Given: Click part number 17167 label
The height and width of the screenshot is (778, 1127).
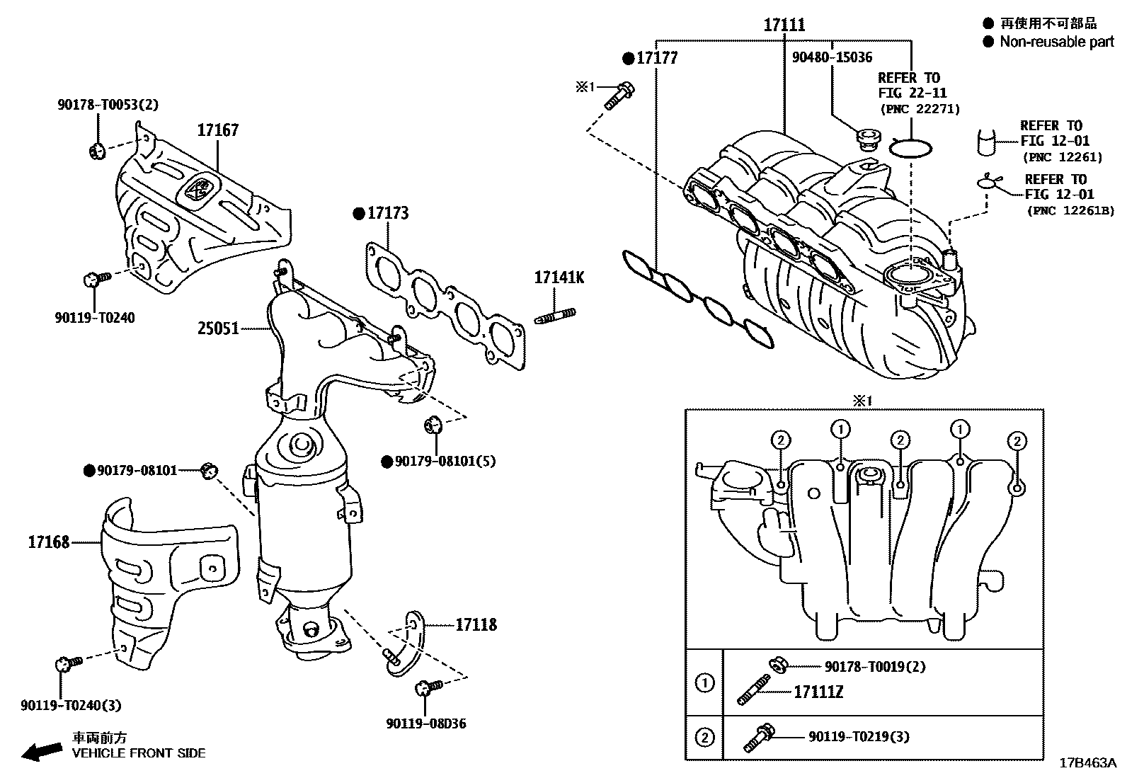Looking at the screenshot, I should (x=217, y=130).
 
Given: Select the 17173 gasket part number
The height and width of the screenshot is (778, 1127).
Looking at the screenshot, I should (x=387, y=213).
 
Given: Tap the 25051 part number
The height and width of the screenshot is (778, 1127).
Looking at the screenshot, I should (x=218, y=329).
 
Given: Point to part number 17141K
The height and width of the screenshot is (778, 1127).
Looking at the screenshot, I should (x=559, y=278).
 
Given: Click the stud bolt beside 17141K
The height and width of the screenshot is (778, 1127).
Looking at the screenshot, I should (x=556, y=315).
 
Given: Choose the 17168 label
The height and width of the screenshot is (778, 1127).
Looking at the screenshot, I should (x=49, y=542).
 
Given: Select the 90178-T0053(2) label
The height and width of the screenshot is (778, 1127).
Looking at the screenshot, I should (x=108, y=105).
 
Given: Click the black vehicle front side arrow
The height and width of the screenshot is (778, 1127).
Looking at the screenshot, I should (x=41, y=751).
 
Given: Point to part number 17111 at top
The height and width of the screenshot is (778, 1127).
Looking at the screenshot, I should (x=784, y=25).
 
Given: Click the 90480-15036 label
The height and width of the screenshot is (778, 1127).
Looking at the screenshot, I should (x=832, y=57).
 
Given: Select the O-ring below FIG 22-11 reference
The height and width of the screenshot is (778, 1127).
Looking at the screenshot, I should (x=910, y=148).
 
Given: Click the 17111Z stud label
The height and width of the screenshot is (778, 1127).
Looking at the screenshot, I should (x=818, y=692).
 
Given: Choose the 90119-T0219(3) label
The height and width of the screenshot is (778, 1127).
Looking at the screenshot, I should (x=859, y=737).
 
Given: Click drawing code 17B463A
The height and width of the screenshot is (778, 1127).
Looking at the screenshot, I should (x=1087, y=764).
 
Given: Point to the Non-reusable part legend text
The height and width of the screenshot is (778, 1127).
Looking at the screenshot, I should (x=1056, y=42).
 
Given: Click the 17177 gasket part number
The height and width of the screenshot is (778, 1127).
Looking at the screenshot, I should (x=656, y=58).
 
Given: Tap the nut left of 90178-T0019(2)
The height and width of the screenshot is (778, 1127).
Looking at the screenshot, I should (x=776, y=664).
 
